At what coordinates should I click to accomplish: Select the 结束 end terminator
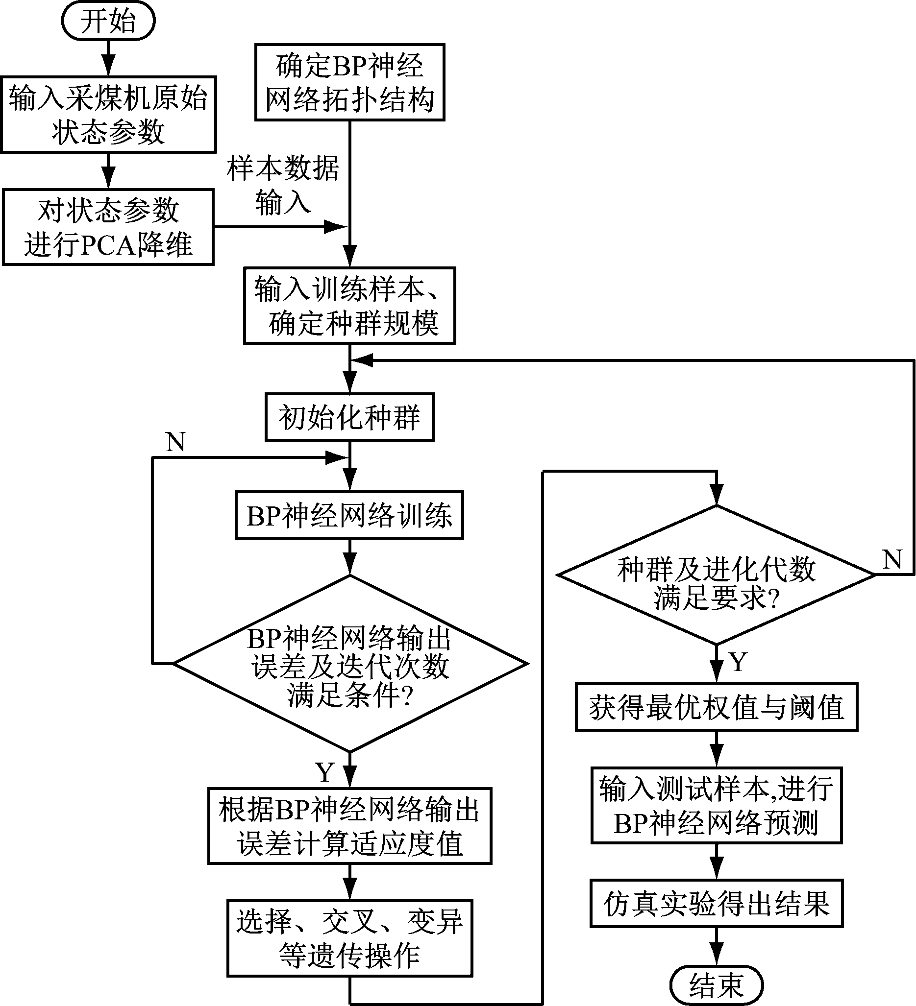[716, 985]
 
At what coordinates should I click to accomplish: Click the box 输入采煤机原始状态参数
[108, 114]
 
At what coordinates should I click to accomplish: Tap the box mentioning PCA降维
[108, 227]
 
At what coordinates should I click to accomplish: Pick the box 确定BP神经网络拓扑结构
[349, 82]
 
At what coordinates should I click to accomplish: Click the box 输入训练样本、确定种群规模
[349, 306]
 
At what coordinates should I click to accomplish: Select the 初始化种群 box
[349, 417]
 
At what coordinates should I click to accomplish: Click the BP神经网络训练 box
[349, 515]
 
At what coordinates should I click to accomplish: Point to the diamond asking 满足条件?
[349, 664]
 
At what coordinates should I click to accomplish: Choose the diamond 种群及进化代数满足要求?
[716, 575]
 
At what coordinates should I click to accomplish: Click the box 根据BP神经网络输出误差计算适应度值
[349, 826]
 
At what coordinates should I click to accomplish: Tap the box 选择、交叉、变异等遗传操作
[349, 938]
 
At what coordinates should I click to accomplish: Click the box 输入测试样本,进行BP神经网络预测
[716, 805]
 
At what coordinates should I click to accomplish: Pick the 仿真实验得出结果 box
[716, 904]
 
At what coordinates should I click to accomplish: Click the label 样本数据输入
[283, 185]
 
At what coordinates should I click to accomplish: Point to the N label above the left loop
[175, 442]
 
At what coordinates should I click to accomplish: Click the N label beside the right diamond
[892, 559]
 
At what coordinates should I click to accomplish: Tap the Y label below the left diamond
[324, 772]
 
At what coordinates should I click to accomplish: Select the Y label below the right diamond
[738, 662]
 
